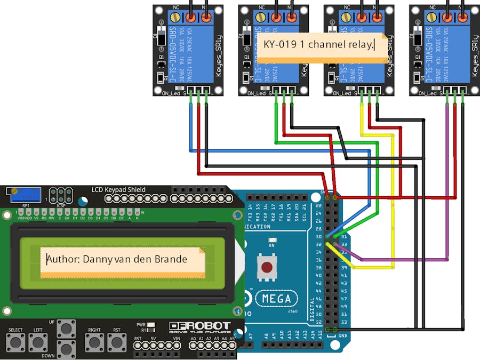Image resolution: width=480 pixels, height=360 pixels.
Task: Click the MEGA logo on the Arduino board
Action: pyautogui.click(x=276, y=299)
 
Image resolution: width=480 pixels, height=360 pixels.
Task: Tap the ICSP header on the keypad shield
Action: pyautogui.click(x=61, y=195)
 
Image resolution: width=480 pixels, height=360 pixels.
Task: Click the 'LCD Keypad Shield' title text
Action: pyautogui.click(x=118, y=190)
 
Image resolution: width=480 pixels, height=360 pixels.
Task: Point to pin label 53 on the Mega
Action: pyautogui.click(x=343, y=322)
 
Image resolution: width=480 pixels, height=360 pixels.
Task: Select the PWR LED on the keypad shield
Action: pyautogui.click(x=151, y=324)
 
